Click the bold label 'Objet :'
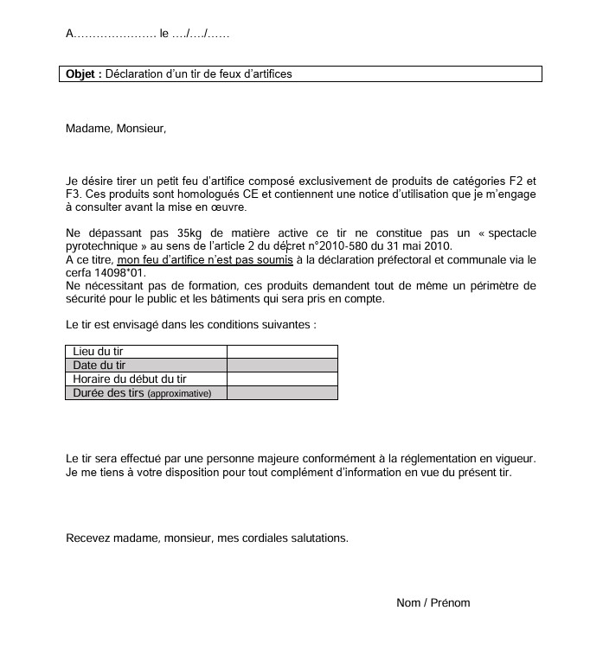84,74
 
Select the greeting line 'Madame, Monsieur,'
115,129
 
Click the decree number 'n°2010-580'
337,247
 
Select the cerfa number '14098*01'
124,273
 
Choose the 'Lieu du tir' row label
100,352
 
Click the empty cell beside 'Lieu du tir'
282,352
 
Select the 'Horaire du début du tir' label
130,379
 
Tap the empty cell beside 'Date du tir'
282,366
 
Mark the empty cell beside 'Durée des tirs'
282,393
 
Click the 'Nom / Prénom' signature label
433,603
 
